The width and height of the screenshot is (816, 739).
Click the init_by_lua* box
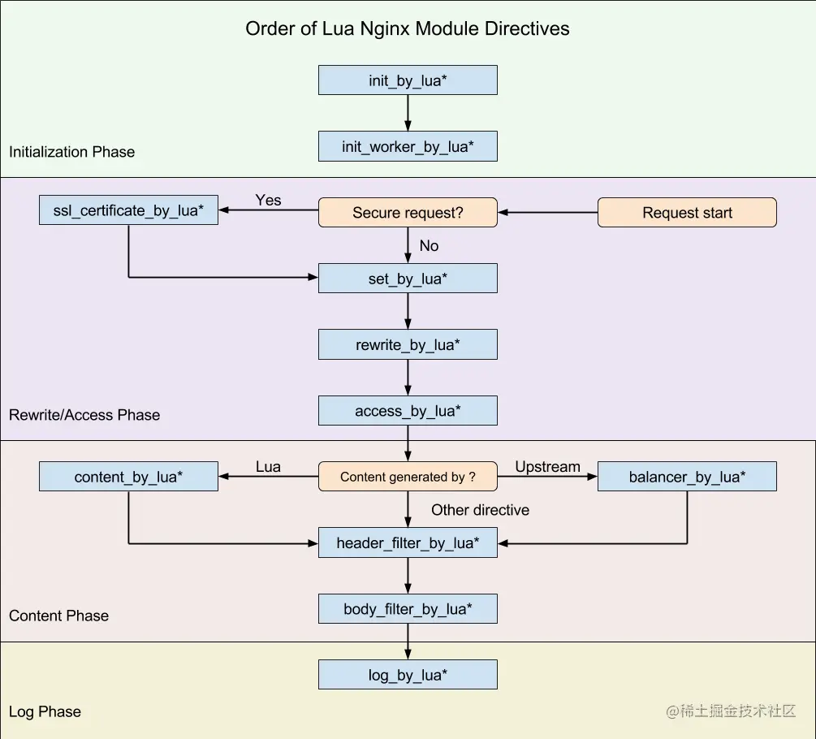point(408,80)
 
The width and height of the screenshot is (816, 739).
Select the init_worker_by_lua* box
point(408,147)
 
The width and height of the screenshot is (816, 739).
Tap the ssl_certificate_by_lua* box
point(128,211)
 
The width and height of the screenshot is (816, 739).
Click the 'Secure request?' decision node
point(408,213)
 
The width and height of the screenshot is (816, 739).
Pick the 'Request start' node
point(687,213)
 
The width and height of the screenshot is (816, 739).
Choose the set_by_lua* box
point(408,279)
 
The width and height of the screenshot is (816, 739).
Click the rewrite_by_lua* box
point(408,345)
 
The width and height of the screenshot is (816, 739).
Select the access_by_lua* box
point(408,411)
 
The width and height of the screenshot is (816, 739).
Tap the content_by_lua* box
point(128,477)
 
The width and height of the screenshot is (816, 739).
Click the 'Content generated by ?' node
point(408,477)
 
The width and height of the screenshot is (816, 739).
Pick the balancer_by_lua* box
point(687,477)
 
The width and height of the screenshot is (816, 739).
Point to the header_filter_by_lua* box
point(408,542)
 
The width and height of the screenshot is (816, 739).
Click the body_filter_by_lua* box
point(408,609)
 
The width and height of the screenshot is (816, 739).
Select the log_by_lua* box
point(408,675)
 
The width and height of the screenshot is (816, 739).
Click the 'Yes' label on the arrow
point(268,200)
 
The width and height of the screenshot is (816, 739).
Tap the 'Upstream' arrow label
point(547,467)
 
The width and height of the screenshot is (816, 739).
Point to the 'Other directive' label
point(480,510)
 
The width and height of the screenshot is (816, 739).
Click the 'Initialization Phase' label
point(71,152)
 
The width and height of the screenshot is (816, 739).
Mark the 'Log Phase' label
point(45,711)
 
